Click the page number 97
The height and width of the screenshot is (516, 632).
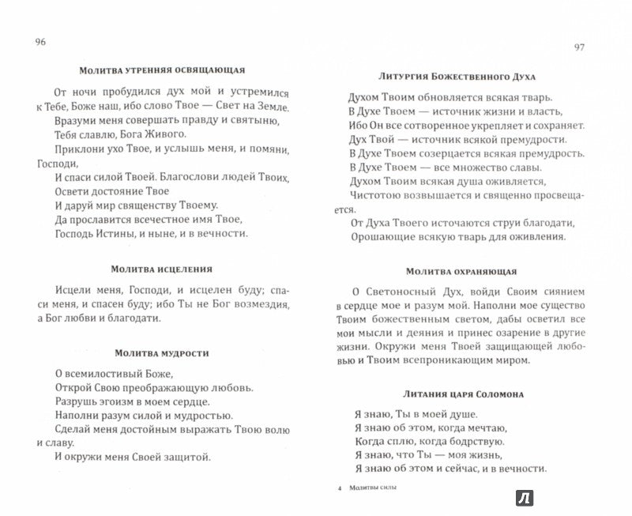coord(579,49)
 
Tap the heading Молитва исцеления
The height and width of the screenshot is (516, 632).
coord(160,269)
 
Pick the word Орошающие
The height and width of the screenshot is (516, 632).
coord(380,239)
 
